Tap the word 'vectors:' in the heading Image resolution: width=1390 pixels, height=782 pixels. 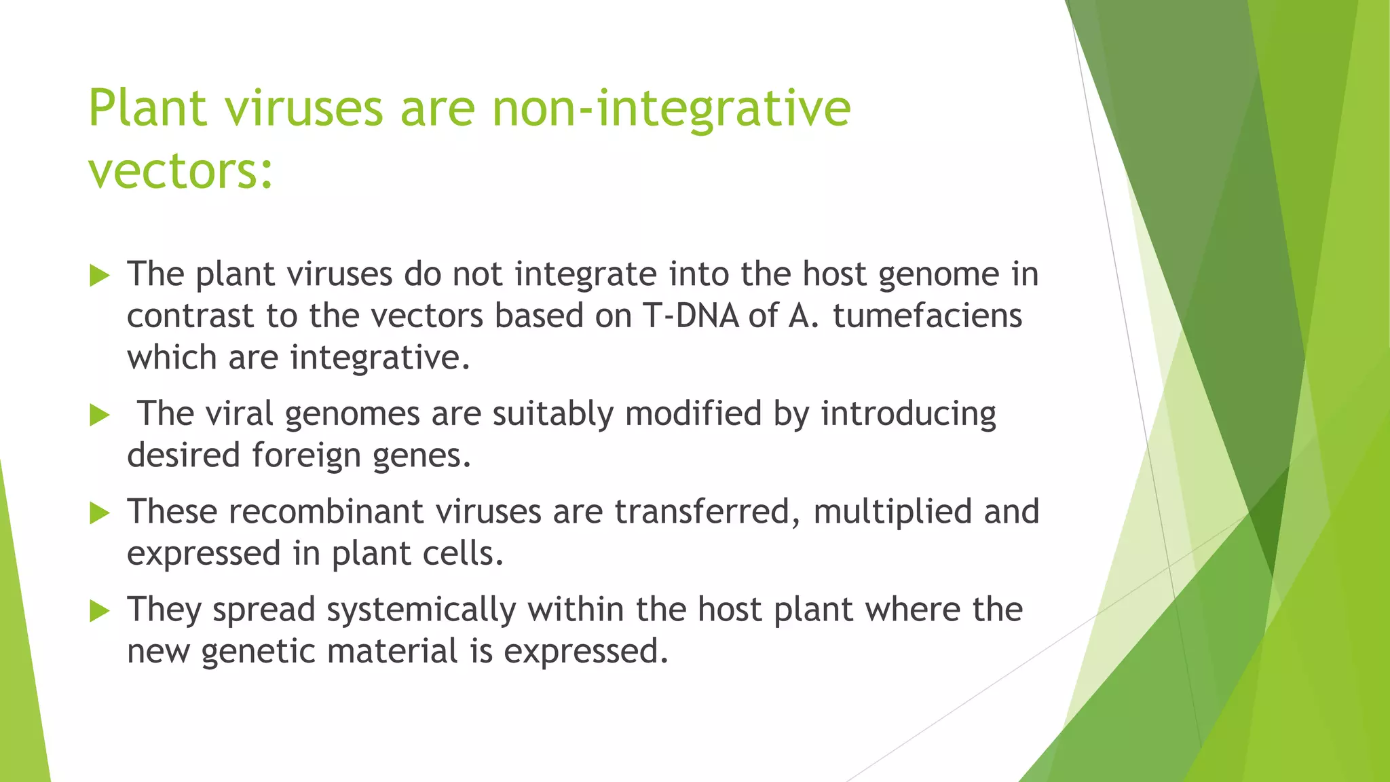pyautogui.click(x=181, y=171)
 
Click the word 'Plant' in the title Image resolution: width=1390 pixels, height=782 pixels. pyautogui.click(x=147, y=109)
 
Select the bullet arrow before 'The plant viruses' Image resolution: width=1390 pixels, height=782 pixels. pyautogui.click(x=99, y=276)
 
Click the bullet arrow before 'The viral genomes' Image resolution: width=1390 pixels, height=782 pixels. pyautogui.click(x=99, y=415)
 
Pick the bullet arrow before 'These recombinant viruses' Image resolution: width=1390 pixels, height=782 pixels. pyautogui.click(x=99, y=513)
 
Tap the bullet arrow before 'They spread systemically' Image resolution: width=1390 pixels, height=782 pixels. pyautogui.click(x=99, y=611)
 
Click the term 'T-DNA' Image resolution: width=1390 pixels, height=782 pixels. pyautogui.click(x=690, y=316)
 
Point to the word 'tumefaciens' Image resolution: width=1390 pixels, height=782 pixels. pyautogui.click(x=927, y=316)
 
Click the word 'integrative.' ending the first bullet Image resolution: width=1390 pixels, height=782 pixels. pyautogui.click(x=380, y=358)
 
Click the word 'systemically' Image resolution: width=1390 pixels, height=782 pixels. pyautogui.click(x=421, y=610)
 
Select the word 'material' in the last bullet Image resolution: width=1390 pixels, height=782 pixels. pyautogui.click(x=392, y=652)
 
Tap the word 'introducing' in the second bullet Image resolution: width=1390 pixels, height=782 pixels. pyautogui.click(x=908, y=414)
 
